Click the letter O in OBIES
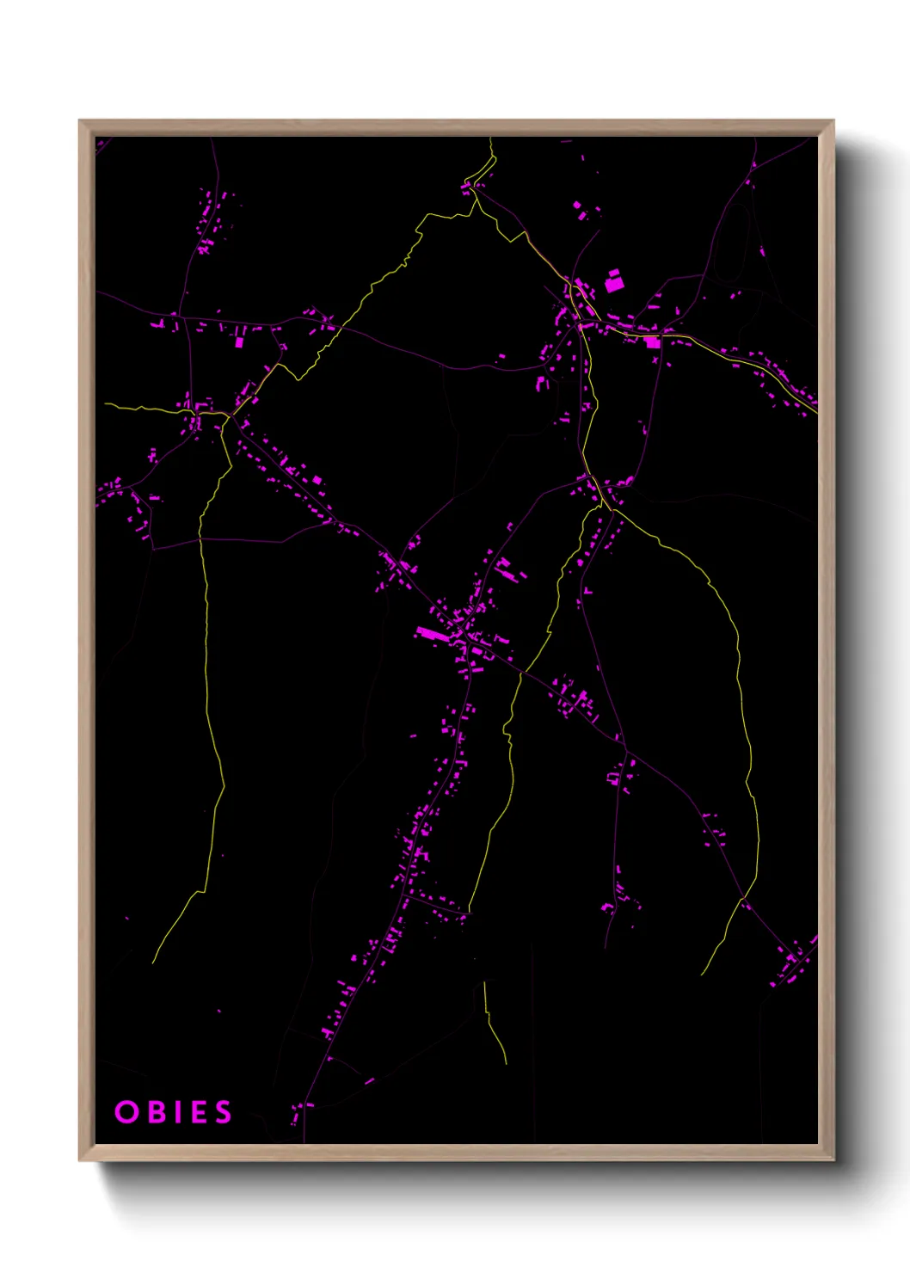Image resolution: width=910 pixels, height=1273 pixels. pos(126,1112)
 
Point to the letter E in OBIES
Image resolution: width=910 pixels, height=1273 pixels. pos(198,1112)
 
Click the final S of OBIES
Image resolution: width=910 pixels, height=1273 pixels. pos(224,1112)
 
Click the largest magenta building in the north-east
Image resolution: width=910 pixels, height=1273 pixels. pos(613,282)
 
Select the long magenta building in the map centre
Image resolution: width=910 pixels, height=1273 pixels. pos(432,635)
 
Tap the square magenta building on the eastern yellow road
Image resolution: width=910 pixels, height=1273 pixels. pos(652,342)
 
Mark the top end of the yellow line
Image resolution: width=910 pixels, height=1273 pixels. pos(491,138)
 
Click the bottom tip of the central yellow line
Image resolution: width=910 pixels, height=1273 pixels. pos(506,1063)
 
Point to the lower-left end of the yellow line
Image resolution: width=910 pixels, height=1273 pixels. pos(154,962)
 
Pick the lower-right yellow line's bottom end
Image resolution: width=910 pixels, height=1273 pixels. pos(703,974)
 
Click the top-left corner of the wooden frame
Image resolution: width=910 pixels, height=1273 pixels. pos(80,121)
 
